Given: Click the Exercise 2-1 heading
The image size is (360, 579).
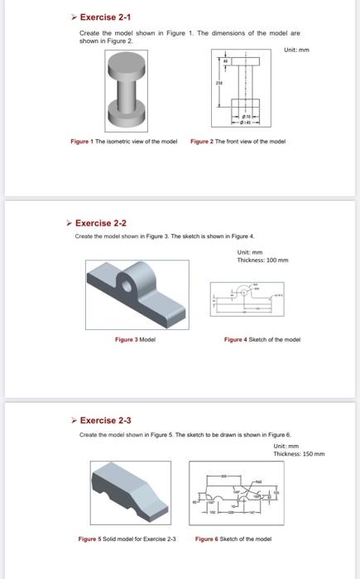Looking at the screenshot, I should [105, 17].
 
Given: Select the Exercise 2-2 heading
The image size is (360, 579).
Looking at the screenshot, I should [100, 223].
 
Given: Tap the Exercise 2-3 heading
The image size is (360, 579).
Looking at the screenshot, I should [105, 419].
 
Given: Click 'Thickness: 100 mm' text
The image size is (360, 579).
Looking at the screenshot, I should [264, 259].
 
